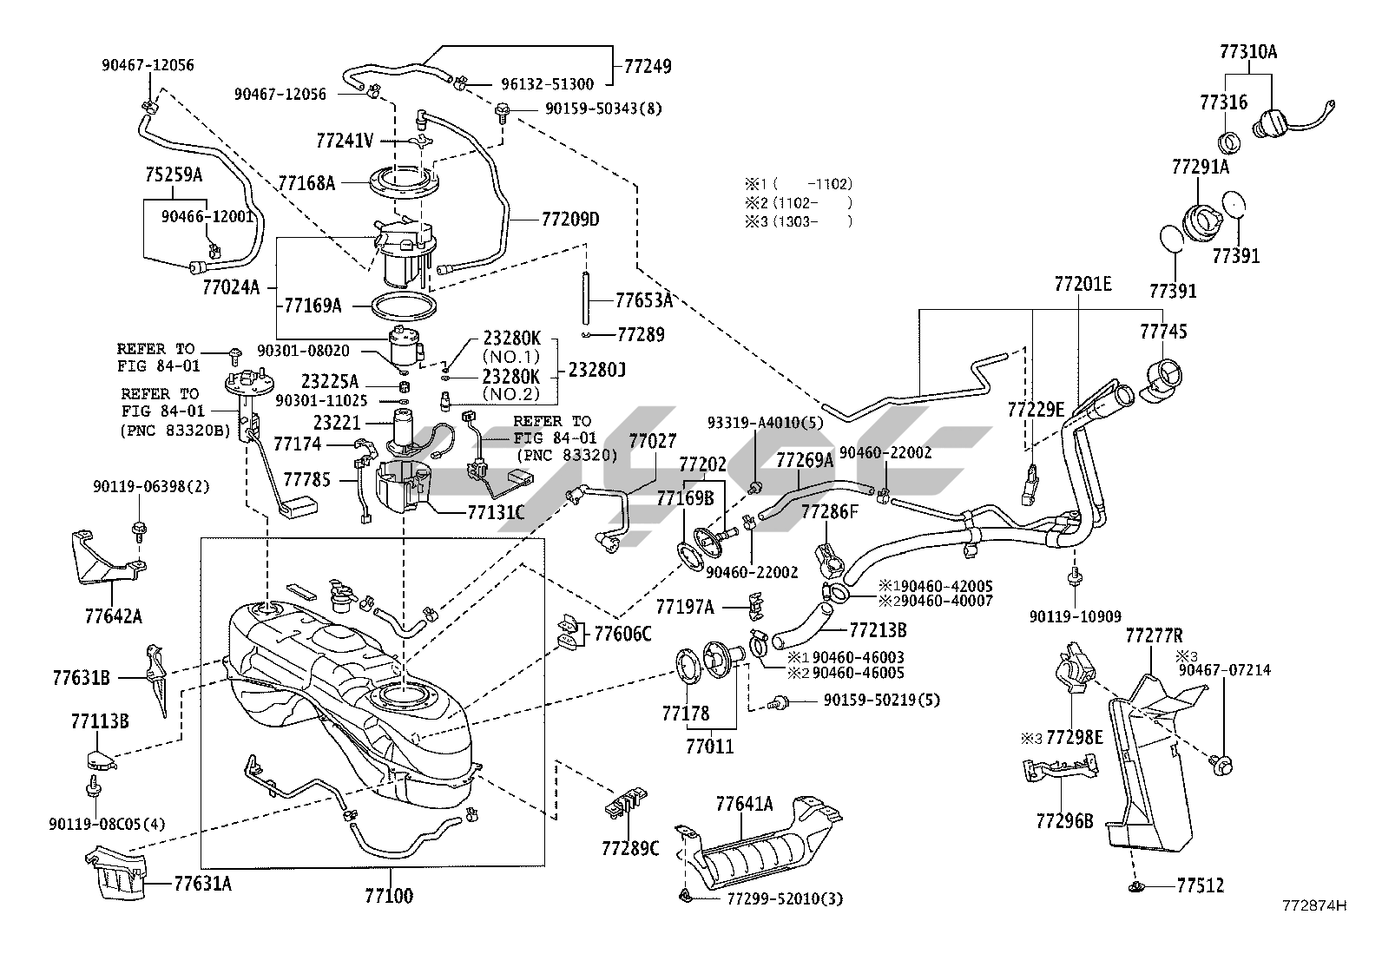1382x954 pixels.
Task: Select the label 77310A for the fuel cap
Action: click(x=1248, y=51)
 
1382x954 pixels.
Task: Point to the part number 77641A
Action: click(x=744, y=804)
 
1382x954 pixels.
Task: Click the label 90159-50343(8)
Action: click(x=603, y=109)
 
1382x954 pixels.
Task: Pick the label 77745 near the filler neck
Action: click(x=1163, y=332)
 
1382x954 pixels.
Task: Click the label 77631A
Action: click(x=202, y=884)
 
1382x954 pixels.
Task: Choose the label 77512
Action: click(x=1201, y=885)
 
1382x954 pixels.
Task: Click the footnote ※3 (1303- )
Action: click(x=798, y=221)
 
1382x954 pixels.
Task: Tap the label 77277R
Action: click(x=1154, y=635)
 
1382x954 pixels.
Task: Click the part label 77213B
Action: click(x=878, y=629)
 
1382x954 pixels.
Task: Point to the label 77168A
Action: click(x=306, y=183)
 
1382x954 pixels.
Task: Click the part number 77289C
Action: click(x=630, y=847)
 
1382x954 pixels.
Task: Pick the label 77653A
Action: click(x=644, y=300)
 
